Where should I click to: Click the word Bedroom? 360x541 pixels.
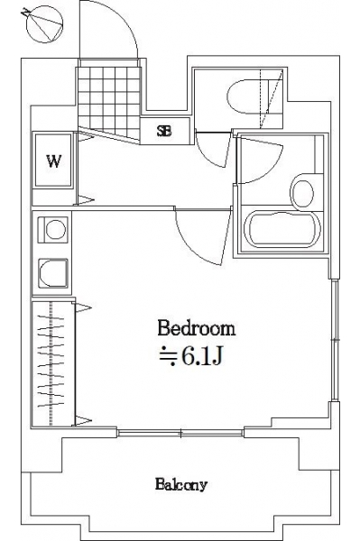197,328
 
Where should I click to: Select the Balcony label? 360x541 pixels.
180,485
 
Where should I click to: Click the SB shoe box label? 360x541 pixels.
164,131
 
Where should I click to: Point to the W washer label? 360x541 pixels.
54,160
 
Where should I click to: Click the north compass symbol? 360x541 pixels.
45,25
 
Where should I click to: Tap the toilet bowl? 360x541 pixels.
248,96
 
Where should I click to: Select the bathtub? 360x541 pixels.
282,229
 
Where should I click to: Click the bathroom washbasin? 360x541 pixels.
302,192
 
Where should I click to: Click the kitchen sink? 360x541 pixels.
53,273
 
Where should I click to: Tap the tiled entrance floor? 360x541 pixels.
109,102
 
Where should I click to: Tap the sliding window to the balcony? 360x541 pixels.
180,433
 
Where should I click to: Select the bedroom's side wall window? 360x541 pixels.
335,341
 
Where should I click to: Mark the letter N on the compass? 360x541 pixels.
24,13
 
